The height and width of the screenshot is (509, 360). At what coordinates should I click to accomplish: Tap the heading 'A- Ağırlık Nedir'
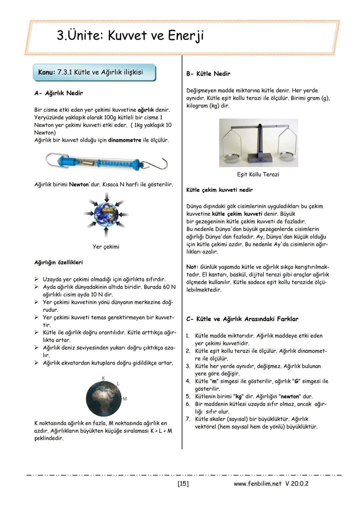point(59,93)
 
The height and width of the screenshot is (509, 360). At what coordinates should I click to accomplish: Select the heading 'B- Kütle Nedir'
point(208,74)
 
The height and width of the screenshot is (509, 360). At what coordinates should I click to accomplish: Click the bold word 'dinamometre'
point(124,140)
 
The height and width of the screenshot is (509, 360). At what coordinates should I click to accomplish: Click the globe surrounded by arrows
point(106,214)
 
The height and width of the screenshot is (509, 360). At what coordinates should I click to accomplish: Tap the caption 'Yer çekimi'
point(106,247)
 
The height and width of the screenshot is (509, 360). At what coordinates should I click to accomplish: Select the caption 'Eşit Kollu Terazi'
point(258,175)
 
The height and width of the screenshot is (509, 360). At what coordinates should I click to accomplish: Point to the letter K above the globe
point(104,378)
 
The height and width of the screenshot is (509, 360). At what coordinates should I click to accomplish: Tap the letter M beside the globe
point(125,399)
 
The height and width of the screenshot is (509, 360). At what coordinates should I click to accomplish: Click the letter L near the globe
point(118,384)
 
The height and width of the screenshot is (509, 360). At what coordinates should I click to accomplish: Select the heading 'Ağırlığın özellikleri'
point(59,263)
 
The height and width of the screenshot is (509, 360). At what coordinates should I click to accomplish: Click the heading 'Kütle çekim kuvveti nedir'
point(219,190)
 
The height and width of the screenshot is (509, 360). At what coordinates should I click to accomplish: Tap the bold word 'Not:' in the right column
point(192,267)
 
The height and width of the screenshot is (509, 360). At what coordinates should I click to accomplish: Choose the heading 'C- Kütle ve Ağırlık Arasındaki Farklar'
point(242,319)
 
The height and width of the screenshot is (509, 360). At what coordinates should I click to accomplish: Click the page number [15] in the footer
point(183,483)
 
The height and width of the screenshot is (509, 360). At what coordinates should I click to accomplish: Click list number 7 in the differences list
point(188,419)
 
